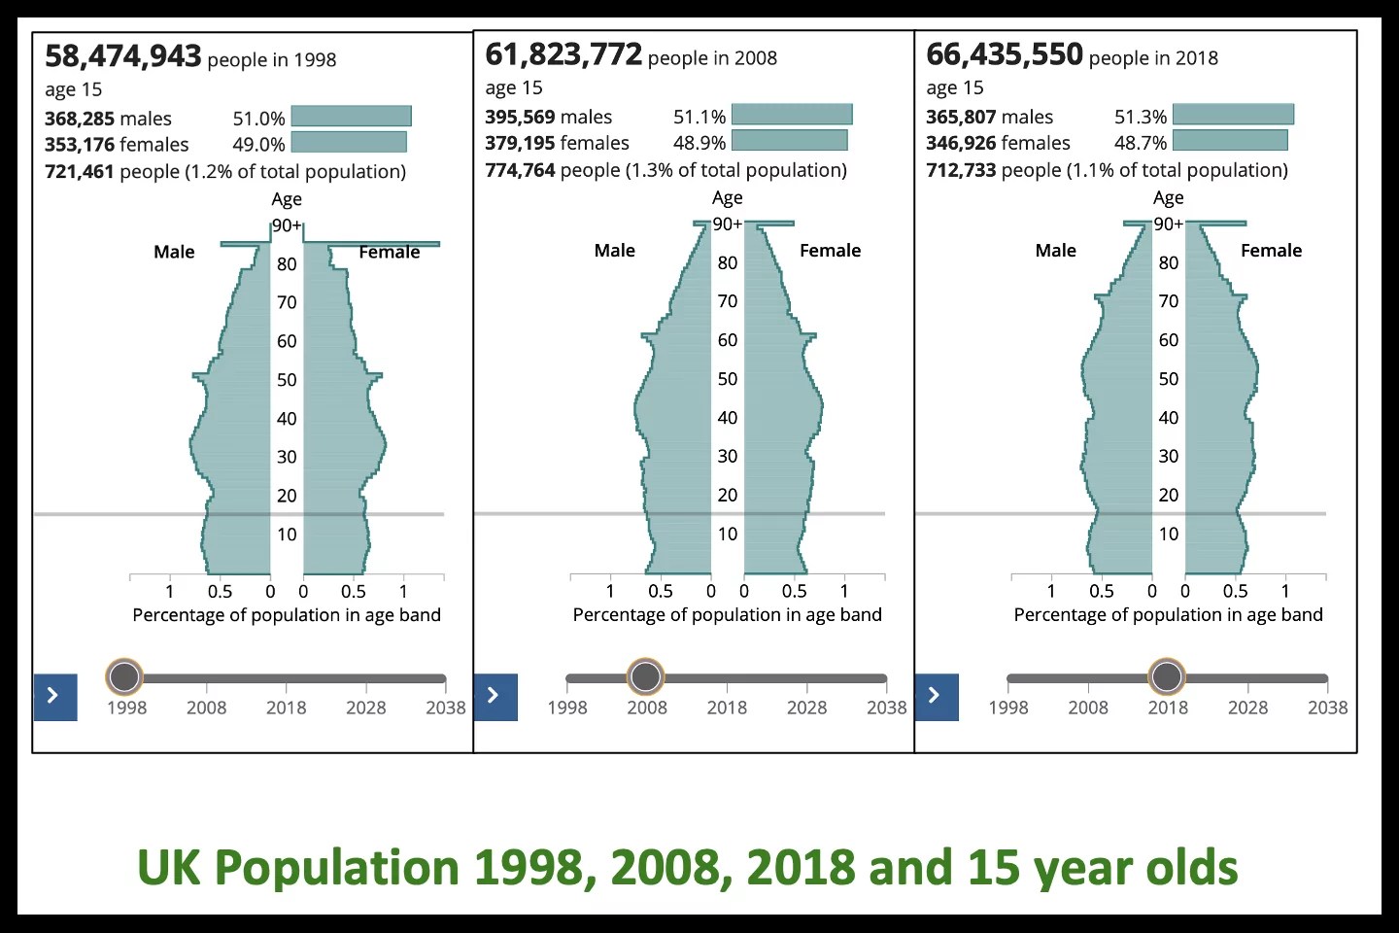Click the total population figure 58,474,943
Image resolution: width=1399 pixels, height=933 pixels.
pyautogui.click(x=123, y=56)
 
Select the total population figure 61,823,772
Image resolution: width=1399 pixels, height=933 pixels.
pyautogui.click(x=563, y=54)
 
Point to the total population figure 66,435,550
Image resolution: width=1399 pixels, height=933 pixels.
pyautogui.click(x=1005, y=54)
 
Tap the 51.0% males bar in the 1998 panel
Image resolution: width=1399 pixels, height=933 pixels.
pyautogui.click(x=352, y=117)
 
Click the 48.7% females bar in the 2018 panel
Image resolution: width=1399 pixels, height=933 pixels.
pyautogui.click(x=1230, y=141)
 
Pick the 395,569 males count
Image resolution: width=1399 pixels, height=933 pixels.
pyautogui.click(x=520, y=117)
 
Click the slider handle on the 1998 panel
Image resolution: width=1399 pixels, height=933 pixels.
pyautogui.click(x=124, y=675)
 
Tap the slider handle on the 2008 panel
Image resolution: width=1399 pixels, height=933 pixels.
pyautogui.click(x=646, y=675)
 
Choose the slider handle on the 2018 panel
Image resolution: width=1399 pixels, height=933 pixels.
pyautogui.click(x=1167, y=675)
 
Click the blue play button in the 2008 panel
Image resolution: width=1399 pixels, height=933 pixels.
pyautogui.click(x=495, y=696)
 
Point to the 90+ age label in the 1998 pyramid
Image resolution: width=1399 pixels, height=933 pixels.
pyautogui.click(x=287, y=225)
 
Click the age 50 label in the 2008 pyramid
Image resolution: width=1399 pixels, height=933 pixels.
pyautogui.click(x=728, y=379)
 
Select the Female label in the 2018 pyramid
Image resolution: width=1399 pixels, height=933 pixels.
pyautogui.click(x=1271, y=251)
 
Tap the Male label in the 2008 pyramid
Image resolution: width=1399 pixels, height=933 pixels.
pyautogui.click(x=615, y=251)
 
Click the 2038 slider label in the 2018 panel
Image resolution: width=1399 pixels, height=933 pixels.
pyautogui.click(x=1327, y=708)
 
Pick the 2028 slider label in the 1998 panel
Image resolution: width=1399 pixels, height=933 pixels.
pyautogui.click(x=365, y=708)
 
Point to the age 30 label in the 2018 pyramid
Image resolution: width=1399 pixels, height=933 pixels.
pyautogui.click(x=1169, y=456)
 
